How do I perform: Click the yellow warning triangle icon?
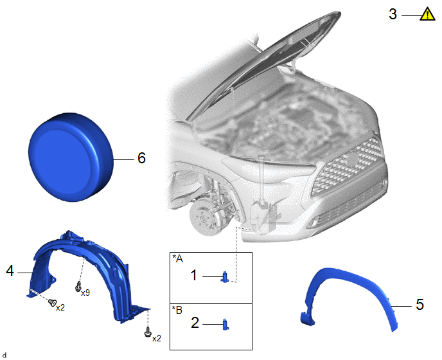pyautogui.click(x=427, y=14)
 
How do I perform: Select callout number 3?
pyautogui.click(x=393, y=14)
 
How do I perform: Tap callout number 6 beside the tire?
pyautogui.click(x=141, y=158)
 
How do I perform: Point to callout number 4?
pyautogui.click(x=10, y=271)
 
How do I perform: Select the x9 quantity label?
pyautogui.click(x=85, y=293)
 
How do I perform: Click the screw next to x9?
pyautogui.click(x=78, y=286)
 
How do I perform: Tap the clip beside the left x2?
pyautogui.click(x=52, y=302)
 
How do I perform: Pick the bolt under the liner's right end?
pyautogui.click(x=147, y=332)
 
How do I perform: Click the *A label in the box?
pyautogui.click(x=177, y=258)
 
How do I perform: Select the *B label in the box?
pyautogui.click(x=177, y=310)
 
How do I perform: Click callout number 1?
pyautogui.click(x=193, y=275)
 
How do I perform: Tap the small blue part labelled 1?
pyautogui.click(x=225, y=277)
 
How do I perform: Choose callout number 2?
pyautogui.click(x=195, y=323)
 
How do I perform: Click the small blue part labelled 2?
pyautogui.click(x=225, y=325)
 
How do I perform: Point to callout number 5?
pyautogui.click(x=420, y=305)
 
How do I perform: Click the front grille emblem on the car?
pyautogui.click(x=352, y=160)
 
